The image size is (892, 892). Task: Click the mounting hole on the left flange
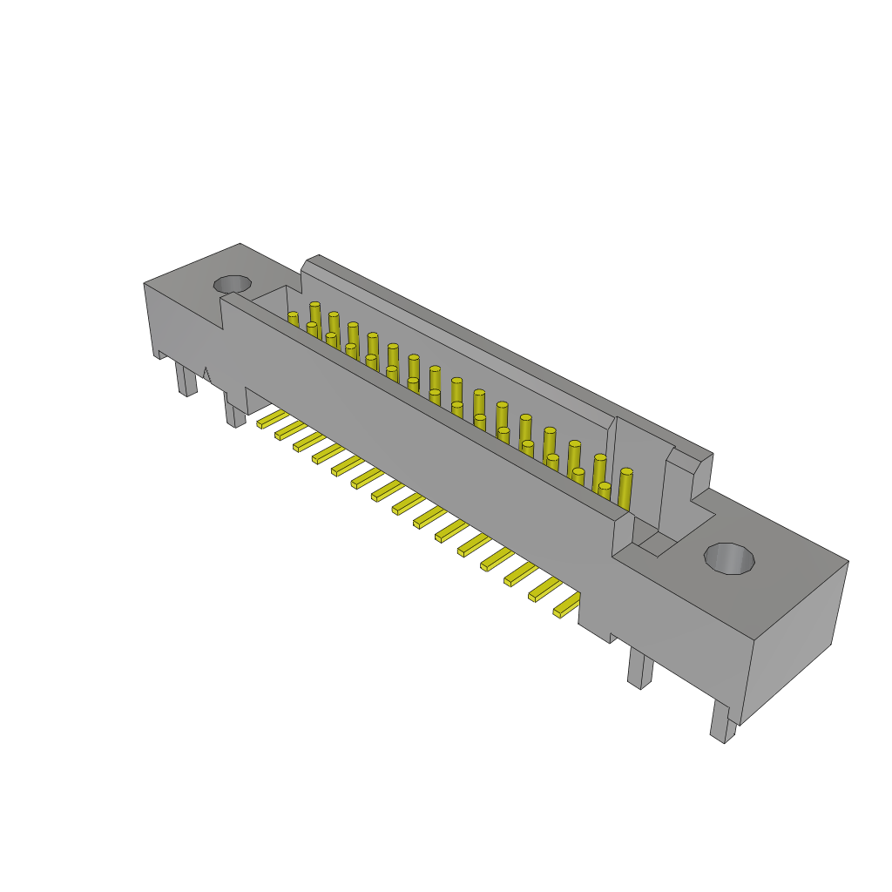click(233, 284)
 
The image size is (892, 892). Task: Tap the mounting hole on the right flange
click(729, 558)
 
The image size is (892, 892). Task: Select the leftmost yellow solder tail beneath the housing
click(272, 419)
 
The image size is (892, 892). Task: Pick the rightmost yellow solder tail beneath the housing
click(567, 605)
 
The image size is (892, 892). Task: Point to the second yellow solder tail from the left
click(290, 430)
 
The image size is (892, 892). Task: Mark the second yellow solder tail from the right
click(545, 590)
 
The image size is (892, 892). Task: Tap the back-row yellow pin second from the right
click(599, 471)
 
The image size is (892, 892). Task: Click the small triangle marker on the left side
click(206, 375)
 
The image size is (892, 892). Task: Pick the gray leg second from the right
click(640, 669)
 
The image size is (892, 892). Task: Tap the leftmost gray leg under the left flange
click(186, 379)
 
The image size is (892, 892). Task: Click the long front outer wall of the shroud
click(418, 436)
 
